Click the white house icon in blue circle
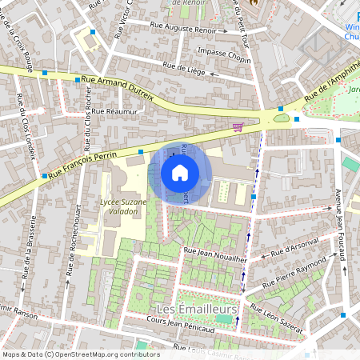tap(180, 172)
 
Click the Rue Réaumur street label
tap(115, 111)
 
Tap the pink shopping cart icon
tap(237, 126)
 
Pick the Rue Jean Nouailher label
tap(214, 254)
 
